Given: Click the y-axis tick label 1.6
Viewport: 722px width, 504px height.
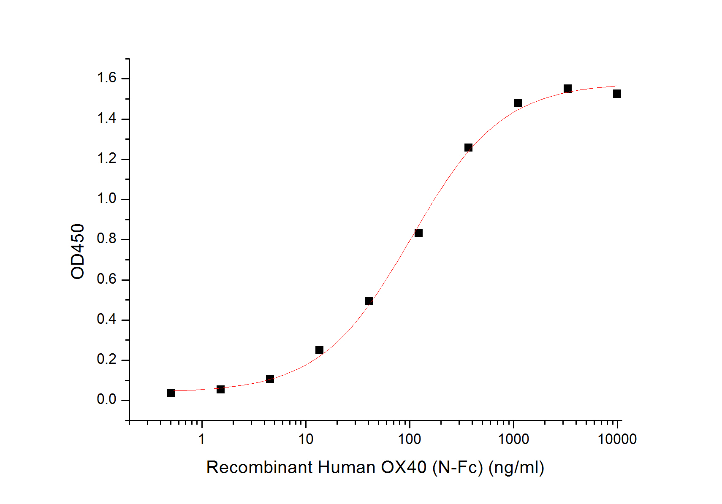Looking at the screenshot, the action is pos(107,78).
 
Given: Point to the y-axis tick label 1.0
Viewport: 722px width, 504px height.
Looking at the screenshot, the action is pos(107,199).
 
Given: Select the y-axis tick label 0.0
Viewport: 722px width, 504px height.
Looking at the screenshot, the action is pos(107,400).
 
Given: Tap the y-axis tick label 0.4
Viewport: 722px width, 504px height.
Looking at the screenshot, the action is pos(107,320).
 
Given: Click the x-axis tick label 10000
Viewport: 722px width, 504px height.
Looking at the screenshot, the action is pos(617,439).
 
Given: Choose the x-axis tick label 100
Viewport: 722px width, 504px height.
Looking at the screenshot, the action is pos(410,439).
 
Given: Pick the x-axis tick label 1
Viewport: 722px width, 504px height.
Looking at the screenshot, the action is pos(202,439).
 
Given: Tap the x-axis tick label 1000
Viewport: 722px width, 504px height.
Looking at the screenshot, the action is pos(513,439).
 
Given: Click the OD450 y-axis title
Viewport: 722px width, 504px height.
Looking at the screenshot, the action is pos(78,251).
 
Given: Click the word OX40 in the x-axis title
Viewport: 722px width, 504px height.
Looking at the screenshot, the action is pos(404,467).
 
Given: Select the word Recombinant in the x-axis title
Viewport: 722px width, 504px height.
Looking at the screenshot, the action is pos(260,467).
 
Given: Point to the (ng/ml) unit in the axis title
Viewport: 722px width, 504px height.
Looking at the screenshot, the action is pos(516,468).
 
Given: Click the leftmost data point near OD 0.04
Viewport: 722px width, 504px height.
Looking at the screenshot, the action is pos(171,393).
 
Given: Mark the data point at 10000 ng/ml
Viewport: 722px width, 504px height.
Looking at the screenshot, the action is pos(617,94).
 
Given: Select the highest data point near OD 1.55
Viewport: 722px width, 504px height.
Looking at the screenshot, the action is pos(567,89).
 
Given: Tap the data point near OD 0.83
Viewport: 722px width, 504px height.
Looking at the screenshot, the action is pos(418,233).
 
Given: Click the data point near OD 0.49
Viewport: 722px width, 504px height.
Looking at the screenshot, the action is pos(369,301).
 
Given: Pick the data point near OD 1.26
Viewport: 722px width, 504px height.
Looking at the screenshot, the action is pos(468,148).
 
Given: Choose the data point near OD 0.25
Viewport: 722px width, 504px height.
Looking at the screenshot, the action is pos(320,350).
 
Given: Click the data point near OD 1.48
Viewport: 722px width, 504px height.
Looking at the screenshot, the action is pos(518,103).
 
